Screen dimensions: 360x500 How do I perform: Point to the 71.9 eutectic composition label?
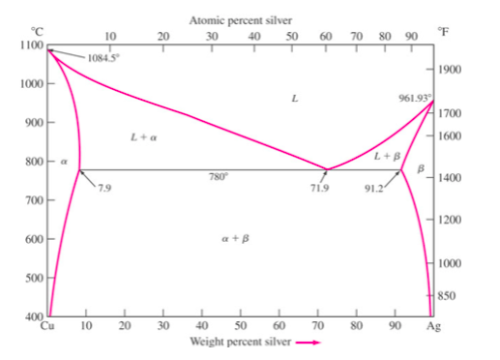tap(319, 188)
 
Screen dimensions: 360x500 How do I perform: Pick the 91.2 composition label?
tap(371, 188)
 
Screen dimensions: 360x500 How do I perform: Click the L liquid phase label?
tap(294, 98)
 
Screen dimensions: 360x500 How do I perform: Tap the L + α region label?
tap(143, 137)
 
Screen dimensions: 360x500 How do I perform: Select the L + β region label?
tap(387, 156)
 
